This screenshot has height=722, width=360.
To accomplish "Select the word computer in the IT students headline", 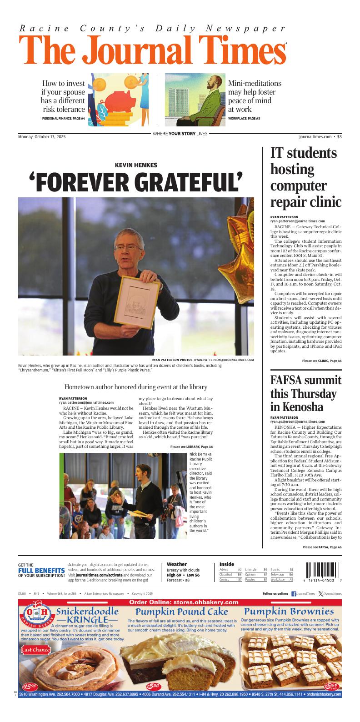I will (x=298, y=186).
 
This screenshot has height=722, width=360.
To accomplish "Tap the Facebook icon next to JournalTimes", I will (x=293, y=594).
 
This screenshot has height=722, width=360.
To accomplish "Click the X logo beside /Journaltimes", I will (x=321, y=594).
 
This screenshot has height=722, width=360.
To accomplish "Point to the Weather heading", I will (x=177, y=564).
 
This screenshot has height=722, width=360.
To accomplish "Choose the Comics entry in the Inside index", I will (x=224, y=580).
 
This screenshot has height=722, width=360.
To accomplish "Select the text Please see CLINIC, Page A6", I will (x=321, y=361).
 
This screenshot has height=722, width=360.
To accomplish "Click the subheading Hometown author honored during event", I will (x=136, y=387).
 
